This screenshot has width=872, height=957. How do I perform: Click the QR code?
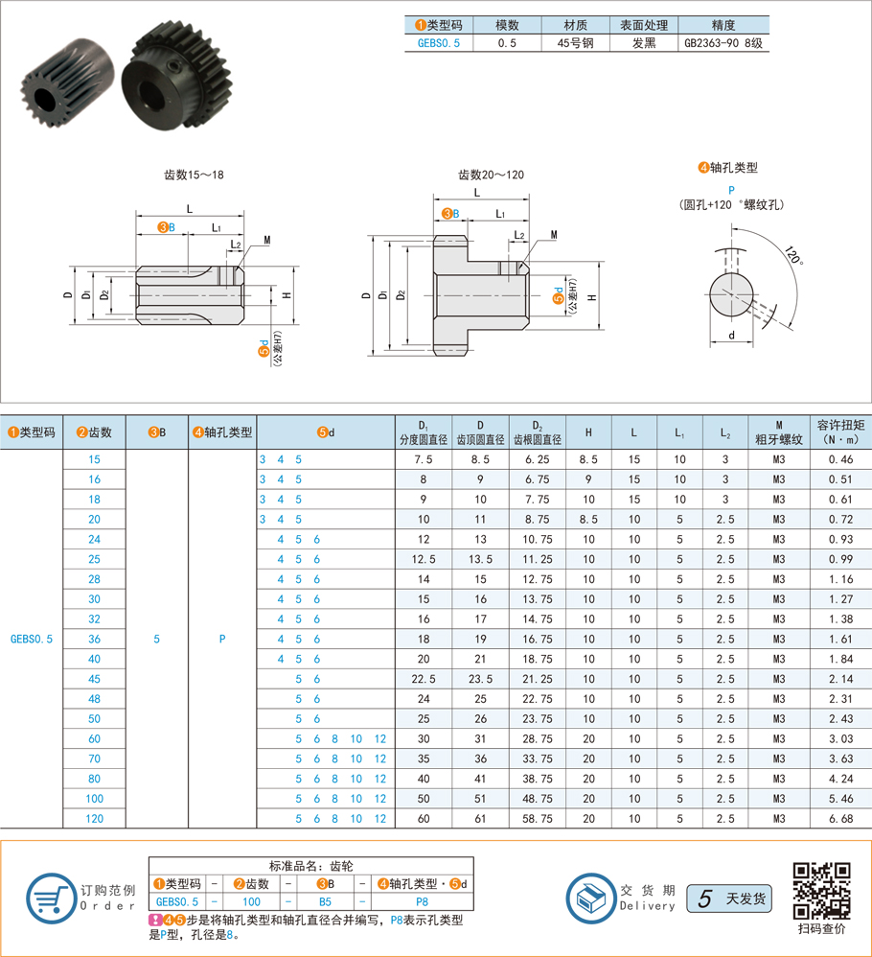pyautogui.click(x=821, y=891)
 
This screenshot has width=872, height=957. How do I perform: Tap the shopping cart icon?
pyautogui.click(x=51, y=898)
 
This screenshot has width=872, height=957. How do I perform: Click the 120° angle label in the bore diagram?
pyautogui.click(x=792, y=254)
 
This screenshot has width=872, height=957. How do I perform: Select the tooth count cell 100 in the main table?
pyautogui.click(x=95, y=799)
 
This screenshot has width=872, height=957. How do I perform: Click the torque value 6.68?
pyautogui.click(x=841, y=819)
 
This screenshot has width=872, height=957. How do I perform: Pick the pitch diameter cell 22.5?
pyautogui.click(x=424, y=679)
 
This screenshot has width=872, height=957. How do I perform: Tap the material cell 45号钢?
pyautogui.click(x=575, y=43)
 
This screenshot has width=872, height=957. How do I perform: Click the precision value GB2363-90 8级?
pyautogui.click(x=723, y=43)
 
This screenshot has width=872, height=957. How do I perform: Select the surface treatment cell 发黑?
pyautogui.click(x=644, y=43)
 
